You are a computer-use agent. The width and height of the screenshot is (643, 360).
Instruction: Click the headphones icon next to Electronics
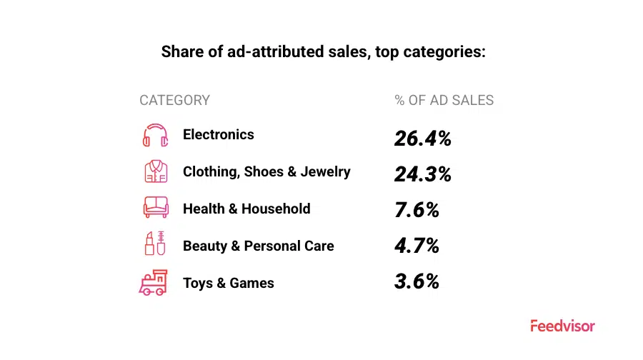(x=156, y=135)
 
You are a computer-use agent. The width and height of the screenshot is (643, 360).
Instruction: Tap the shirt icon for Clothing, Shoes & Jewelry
(x=156, y=171)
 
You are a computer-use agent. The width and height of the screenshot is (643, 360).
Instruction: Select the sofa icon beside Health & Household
(x=156, y=207)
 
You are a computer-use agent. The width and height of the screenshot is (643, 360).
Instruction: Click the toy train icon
(x=154, y=283)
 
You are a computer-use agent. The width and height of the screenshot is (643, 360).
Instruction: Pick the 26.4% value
(x=423, y=138)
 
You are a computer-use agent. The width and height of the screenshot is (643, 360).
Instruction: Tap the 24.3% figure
(x=423, y=174)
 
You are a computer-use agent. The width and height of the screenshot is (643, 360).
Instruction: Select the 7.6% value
(x=417, y=210)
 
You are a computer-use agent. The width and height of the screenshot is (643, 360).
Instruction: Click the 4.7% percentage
(x=417, y=246)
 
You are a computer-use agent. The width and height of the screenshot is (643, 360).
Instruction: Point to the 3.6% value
(x=417, y=281)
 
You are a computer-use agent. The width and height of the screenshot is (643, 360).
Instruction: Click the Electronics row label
(x=219, y=134)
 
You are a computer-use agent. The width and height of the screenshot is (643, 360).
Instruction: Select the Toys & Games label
(x=229, y=283)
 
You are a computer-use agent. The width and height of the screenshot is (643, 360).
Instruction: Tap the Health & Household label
(x=246, y=209)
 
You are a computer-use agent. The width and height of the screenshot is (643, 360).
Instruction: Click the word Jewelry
(x=325, y=172)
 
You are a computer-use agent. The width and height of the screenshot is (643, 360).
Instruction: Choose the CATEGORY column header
(x=175, y=100)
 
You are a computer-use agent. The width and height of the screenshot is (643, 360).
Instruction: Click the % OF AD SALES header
(x=444, y=100)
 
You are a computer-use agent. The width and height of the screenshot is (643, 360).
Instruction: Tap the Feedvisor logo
(x=563, y=326)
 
